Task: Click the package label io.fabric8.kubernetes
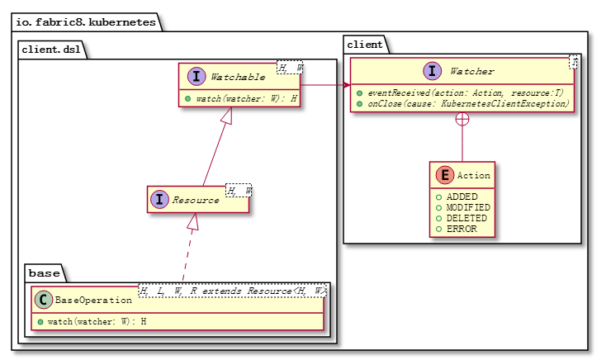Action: (85, 22)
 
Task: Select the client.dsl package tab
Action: (51, 49)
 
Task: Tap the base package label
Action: (43, 272)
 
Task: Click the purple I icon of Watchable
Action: (196, 77)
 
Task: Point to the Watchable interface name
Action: (238, 77)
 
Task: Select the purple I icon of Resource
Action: (159, 199)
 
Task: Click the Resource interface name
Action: (196, 199)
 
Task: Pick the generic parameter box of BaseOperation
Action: (232, 291)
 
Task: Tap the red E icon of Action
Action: (443, 175)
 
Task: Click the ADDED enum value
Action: (462, 197)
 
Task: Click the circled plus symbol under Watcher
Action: (462, 119)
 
